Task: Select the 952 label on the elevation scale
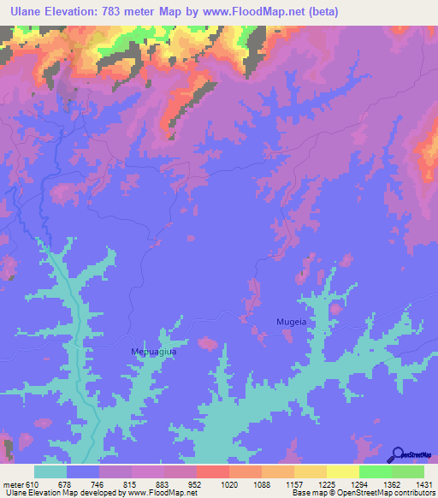tap(194, 483)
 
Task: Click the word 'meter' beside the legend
tap(14, 483)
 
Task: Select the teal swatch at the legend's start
tap(50, 471)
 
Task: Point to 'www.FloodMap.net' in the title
tap(253, 12)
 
